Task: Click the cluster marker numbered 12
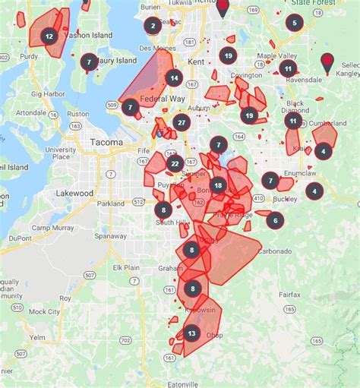coord(49,36)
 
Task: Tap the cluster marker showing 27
coord(181,123)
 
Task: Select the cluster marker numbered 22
coord(175,163)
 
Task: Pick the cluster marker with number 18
coord(219,185)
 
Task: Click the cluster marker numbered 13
coord(191,333)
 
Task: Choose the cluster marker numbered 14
coord(174,77)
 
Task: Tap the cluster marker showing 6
coord(274,220)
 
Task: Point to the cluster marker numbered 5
coord(294,22)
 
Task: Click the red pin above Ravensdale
coord(328,62)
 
